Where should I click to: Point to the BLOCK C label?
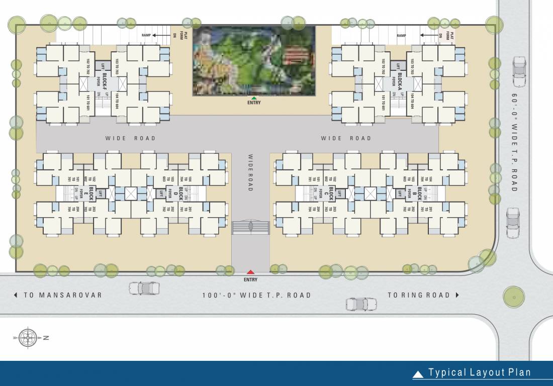click(x=331, y=194)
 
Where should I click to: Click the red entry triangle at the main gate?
click(x=250, y=273)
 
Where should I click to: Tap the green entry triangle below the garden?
click(x=254, y=98)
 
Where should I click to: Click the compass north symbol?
click(x=28, y=338)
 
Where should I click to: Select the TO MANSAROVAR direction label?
click(x=58, y=295)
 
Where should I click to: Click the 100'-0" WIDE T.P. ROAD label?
click(x=256, y=295)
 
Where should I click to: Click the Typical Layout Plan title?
click(x=479, y=372)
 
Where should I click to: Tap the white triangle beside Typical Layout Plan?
click(x=418, y=374)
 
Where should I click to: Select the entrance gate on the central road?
click(x=250, y=227)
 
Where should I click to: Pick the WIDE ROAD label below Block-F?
click(x=130, y=138)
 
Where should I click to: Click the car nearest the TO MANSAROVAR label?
click(x=144, y=288)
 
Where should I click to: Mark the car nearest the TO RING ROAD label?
click(x=361, y=304)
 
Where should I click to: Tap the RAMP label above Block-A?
click(x=401, y=36)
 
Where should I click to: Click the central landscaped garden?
click(x=254, y=60)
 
